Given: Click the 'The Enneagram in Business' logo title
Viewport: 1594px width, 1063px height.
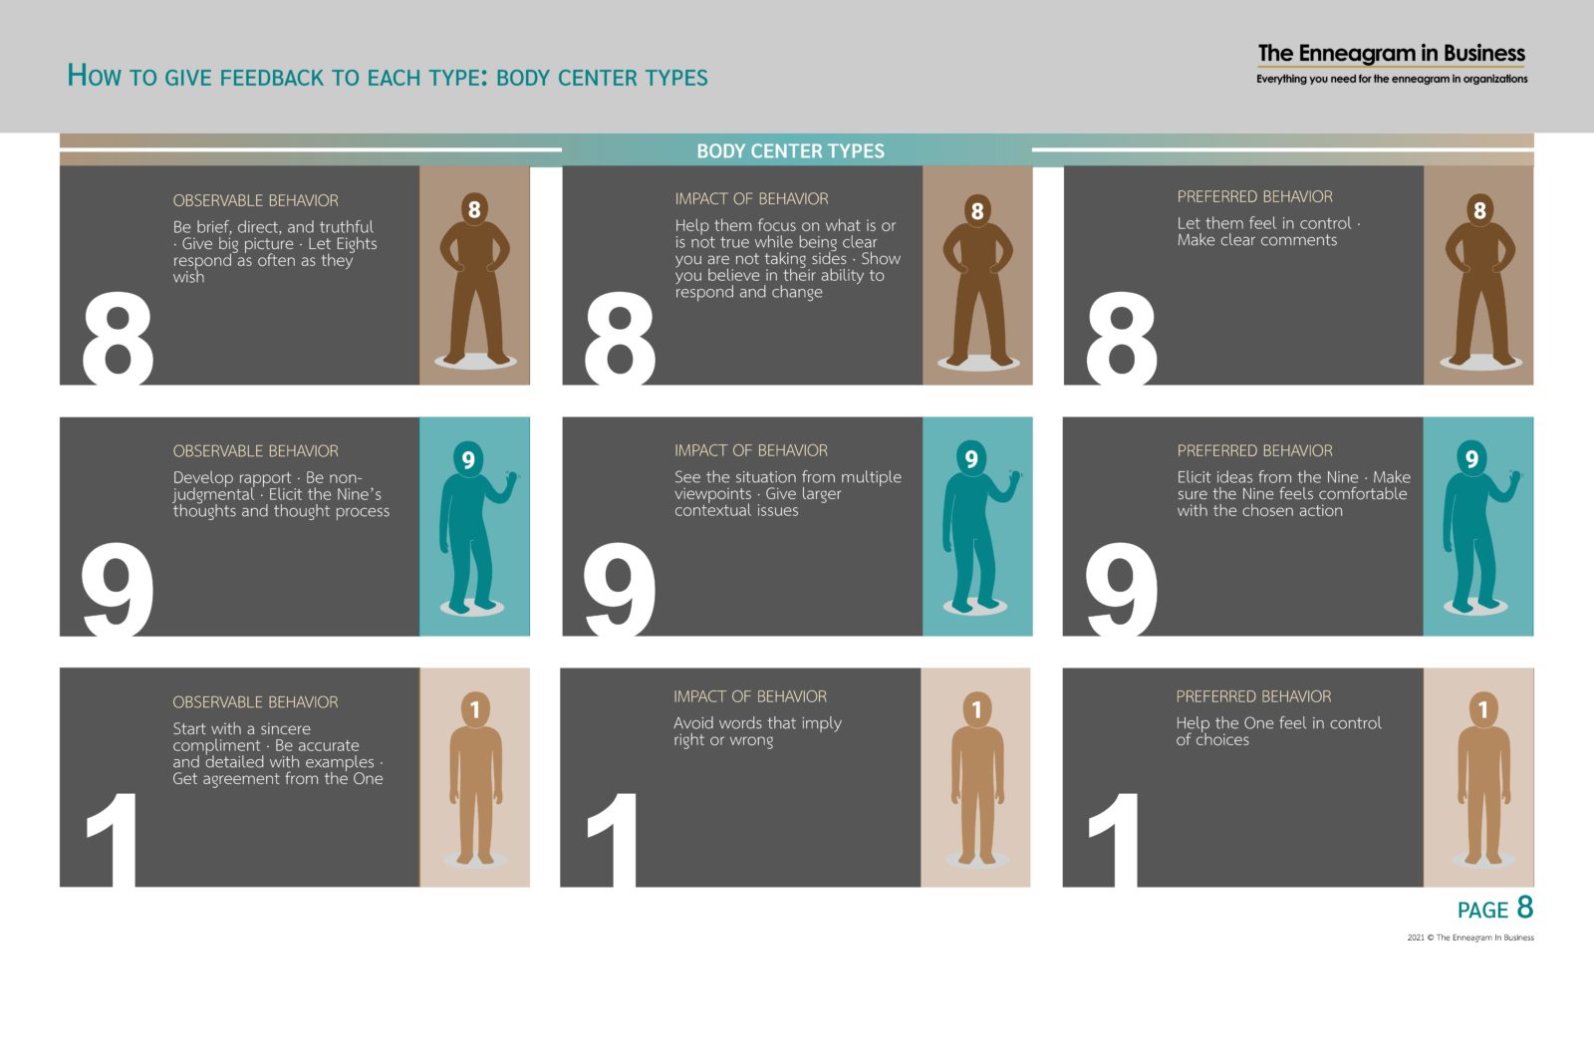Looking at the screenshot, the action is point(1391,54).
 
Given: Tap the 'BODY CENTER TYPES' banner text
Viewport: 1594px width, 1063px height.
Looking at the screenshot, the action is point(790,150).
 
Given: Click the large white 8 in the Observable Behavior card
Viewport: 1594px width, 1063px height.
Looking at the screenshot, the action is point(118,339).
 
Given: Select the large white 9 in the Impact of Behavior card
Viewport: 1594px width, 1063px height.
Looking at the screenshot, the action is point(619,589).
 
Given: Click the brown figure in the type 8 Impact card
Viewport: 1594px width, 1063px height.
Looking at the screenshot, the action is point(977,280).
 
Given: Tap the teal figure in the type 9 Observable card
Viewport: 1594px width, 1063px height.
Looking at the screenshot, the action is point(473,527).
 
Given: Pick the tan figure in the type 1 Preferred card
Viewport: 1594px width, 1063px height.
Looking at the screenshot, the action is point(1483,778).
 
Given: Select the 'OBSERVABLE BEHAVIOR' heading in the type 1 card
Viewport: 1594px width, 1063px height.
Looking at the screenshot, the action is point(255,702).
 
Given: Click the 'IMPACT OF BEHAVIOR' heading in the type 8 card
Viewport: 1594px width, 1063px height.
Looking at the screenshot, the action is point(751,199).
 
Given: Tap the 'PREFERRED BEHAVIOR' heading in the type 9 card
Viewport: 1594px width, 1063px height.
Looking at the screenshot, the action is point(1254,451).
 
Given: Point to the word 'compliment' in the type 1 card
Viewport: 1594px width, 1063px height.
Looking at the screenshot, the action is point(216,745).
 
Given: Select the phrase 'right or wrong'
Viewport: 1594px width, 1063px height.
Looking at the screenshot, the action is point(723,740).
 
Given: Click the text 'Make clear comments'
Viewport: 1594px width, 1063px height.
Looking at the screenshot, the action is point(1256,240).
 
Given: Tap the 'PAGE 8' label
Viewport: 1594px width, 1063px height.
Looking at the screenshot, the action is point(1495,909).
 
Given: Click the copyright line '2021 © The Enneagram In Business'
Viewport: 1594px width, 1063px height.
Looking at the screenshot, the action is point(1470,937).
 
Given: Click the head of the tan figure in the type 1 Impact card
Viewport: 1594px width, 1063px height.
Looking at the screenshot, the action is point(977,709).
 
